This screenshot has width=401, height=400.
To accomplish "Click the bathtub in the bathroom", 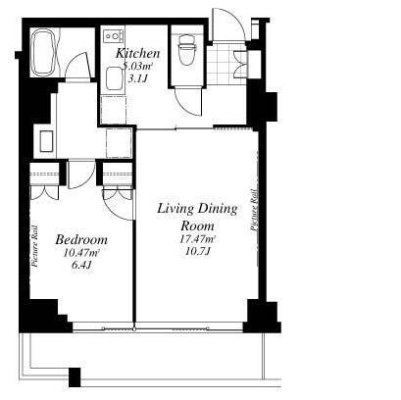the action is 45,53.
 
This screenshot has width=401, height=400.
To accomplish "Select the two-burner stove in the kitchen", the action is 114,35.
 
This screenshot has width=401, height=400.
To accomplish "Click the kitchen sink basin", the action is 114,78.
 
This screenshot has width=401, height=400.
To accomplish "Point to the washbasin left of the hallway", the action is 46,141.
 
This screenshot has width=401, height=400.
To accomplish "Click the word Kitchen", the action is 138,53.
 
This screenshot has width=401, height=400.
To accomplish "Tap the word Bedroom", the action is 81,240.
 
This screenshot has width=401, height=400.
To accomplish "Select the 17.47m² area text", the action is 197,239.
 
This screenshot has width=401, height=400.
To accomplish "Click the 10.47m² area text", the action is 81,253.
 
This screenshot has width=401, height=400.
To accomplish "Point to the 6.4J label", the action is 81,265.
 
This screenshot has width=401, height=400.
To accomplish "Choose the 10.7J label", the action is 197,252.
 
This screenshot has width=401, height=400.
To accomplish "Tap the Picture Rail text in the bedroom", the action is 35,246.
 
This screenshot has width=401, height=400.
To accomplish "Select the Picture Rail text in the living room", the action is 254,211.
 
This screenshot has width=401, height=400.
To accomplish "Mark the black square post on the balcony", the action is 75,377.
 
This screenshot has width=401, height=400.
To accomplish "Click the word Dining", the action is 218,209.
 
